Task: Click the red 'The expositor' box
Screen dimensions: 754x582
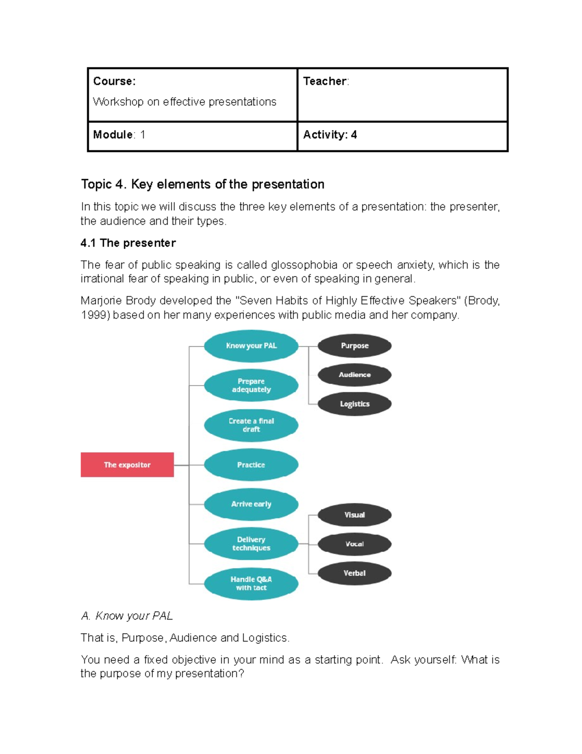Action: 127,465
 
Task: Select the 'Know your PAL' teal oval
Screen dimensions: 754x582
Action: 251,346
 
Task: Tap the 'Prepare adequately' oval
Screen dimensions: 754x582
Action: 251,385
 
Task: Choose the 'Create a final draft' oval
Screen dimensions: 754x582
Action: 251,425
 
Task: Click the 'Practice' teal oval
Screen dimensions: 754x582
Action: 251,465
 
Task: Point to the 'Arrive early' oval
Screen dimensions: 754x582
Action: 251,504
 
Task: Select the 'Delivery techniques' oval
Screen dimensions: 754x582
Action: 251,544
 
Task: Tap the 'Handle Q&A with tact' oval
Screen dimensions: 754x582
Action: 251,584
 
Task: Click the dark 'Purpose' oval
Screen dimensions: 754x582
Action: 355,346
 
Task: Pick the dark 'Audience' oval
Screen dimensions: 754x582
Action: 355,375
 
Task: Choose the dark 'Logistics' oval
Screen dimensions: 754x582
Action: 355,404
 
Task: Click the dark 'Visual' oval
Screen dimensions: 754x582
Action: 355,515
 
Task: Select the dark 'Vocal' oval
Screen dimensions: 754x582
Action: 355,544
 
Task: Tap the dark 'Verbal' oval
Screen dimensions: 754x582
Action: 355,573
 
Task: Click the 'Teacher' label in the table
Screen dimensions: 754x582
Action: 325,81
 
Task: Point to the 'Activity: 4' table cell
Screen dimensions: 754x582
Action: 330,135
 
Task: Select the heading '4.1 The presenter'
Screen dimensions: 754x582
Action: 128,243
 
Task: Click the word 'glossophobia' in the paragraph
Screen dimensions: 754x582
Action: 304,265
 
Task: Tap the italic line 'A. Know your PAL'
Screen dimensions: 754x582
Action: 127,616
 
